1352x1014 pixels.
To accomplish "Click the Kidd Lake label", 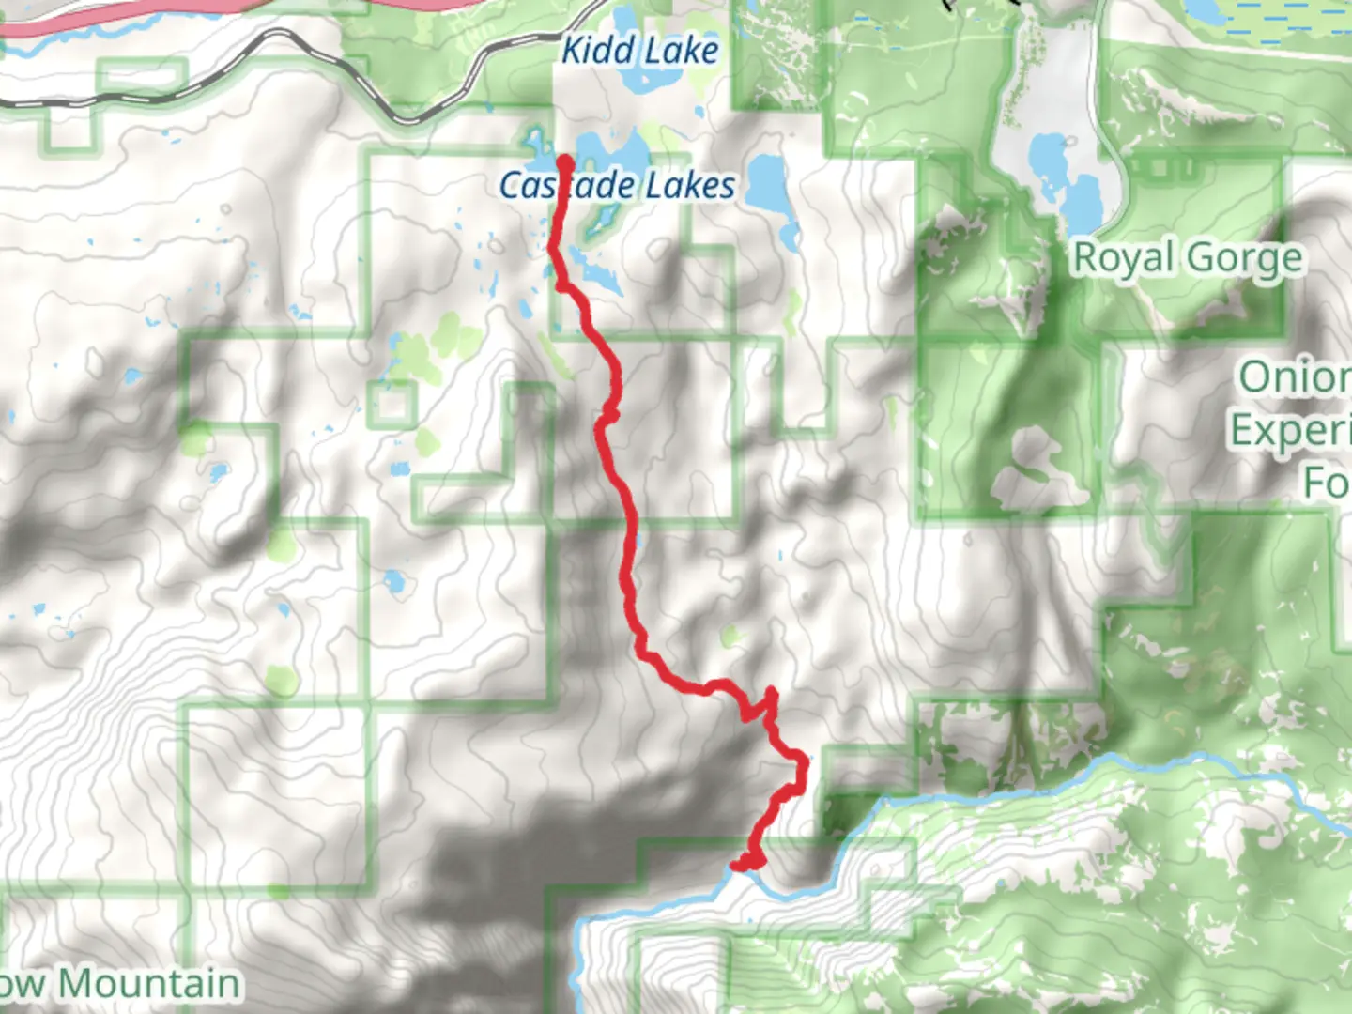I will (x=639, y=50).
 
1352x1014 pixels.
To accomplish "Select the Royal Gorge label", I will (x=1188, y=257).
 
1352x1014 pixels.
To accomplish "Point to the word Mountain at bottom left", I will (x=150, y=984).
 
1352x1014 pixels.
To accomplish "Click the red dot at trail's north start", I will (x=565, y=161).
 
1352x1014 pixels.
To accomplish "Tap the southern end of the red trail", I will (x=742, y=864).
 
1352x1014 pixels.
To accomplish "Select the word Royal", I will (x=1123, y=257).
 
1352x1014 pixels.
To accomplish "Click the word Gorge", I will (x=1243, y=257).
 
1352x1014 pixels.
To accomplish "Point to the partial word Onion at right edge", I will (x=1294, y=377).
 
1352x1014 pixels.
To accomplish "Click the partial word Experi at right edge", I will (x=1290, y=430).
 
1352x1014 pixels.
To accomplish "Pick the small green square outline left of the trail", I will (x=392, y=406).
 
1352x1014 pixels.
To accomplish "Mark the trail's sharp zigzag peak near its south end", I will (x=771, y=693).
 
